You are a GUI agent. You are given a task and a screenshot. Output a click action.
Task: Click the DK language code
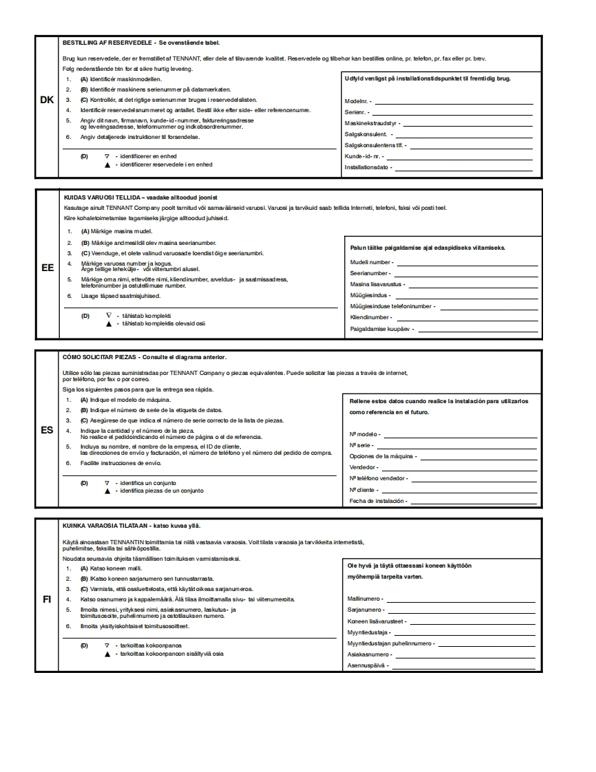(47, 100)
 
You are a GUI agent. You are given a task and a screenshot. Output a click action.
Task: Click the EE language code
(47, 268)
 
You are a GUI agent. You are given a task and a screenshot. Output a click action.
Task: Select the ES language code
(47, 430)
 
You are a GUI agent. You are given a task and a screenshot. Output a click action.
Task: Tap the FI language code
(47, 599)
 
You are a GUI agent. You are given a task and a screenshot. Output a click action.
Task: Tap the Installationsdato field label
(368, 167)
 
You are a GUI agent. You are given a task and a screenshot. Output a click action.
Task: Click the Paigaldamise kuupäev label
(381, 329)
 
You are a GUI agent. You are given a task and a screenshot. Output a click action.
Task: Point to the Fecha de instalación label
(378, 501)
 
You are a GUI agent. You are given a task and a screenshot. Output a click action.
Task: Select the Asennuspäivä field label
(368, 665)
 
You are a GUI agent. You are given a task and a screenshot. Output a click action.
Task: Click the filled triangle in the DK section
(107, 165)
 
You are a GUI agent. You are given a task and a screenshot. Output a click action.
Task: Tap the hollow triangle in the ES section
(107, 483)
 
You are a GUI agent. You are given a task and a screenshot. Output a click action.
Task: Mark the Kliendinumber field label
(370, 318)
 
